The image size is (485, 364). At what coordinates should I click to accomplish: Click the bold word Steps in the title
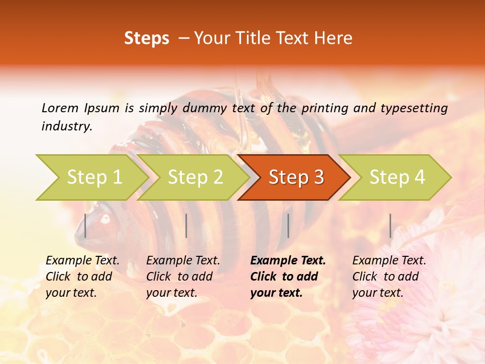(147, 38)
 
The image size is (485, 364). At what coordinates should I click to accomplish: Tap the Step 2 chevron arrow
(195, 177)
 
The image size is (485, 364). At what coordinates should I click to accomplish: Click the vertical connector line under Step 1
(85, 225)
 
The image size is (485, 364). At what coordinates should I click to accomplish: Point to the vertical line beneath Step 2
(186, 225)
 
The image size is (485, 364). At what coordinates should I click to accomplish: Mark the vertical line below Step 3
(288, 225)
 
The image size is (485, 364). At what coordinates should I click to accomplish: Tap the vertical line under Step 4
(390, 225)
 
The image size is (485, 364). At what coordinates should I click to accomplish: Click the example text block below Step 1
(82, 277)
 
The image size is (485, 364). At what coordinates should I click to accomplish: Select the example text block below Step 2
(183, 277)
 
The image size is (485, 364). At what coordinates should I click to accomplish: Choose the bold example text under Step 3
(288, 277)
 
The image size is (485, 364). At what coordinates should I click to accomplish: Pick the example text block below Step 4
(389, 277)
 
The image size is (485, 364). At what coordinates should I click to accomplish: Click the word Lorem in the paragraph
(60, 108)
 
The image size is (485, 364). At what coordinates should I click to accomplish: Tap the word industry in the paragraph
(67, 126)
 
